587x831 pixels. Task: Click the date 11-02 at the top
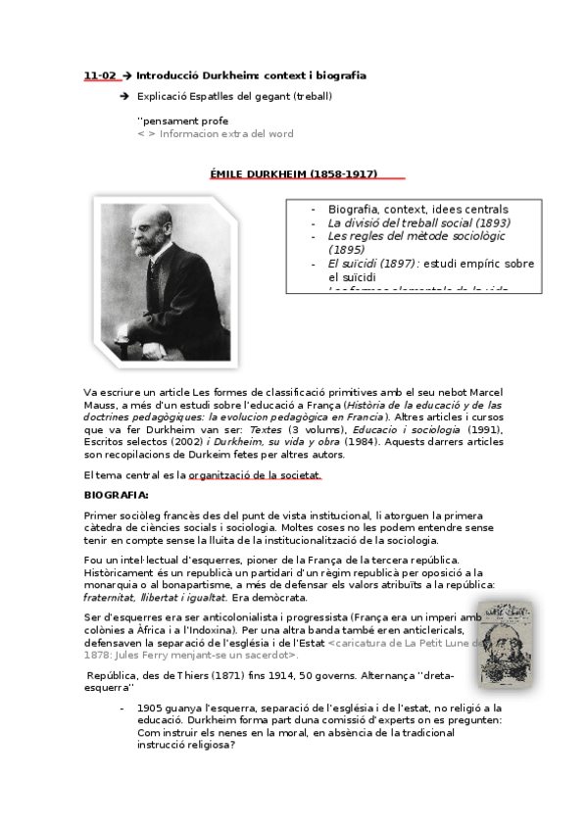click(x=99, y=75)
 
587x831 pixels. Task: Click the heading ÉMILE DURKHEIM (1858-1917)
click(x=294, y=173)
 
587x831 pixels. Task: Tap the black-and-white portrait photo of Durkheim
click(x=163, y=277)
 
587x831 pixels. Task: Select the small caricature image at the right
click(x=506, y=642)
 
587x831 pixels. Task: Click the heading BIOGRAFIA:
click(x=117, y=495)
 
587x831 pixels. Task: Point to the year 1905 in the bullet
click(x=150, y=708)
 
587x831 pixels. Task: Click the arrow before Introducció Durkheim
click(x=127, y=75)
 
